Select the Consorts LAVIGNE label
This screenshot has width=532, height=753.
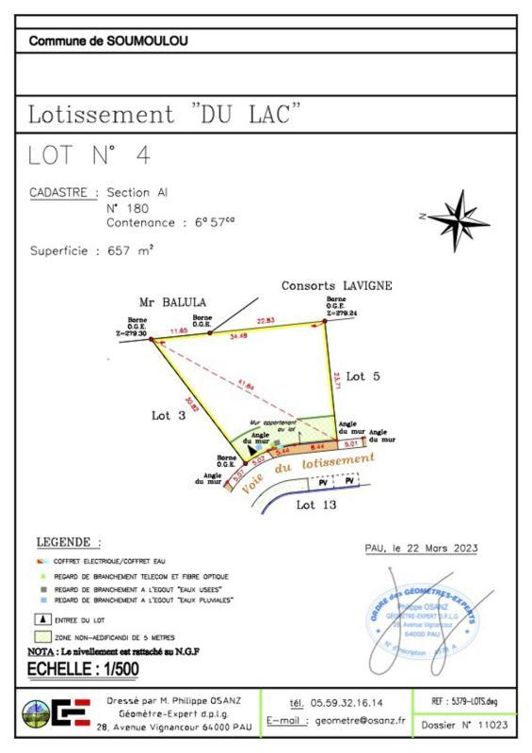pos(336,285)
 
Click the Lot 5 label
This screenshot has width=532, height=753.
pos(363,376)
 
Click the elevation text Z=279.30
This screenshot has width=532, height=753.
pos(132,333)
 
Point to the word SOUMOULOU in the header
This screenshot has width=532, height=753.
pos(148,41)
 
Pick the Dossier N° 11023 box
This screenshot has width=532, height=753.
pos(465,725)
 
